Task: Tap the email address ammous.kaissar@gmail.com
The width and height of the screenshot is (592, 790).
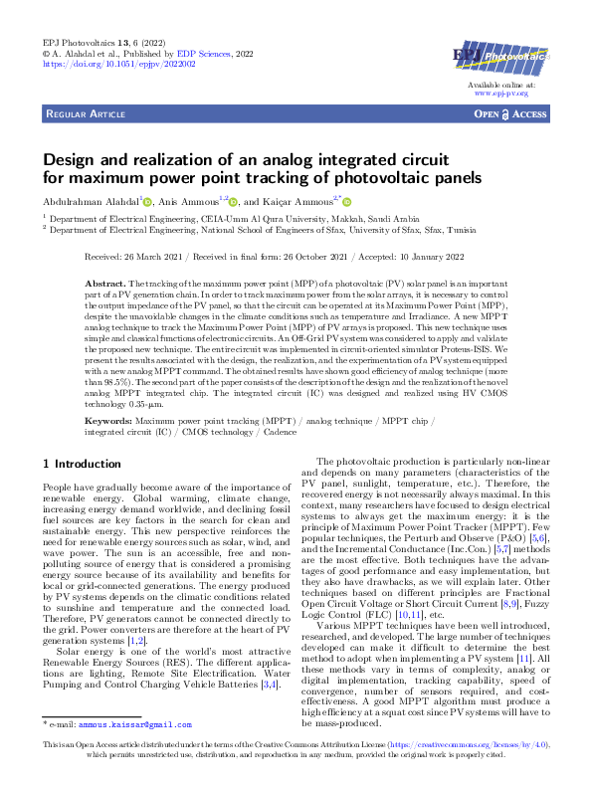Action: pyautogui.click(x=135, y=724)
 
